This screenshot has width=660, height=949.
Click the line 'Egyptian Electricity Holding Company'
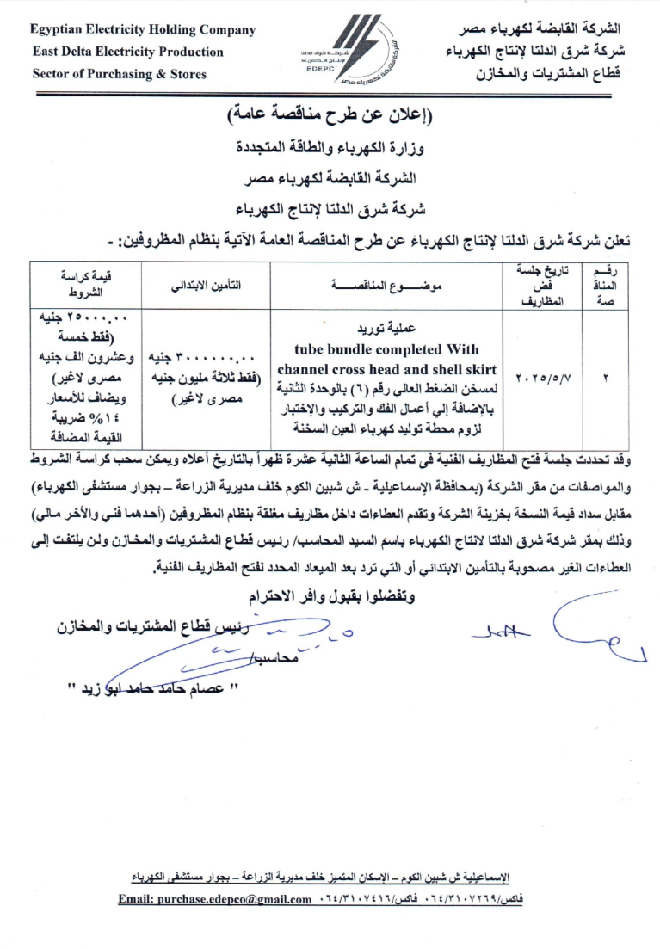(x=143, y=30)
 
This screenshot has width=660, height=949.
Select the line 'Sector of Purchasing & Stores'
(x=120, y=74)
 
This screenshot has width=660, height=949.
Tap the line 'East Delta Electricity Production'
(x=128, y=52)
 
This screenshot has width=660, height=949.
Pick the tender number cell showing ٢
(x=607, y=378)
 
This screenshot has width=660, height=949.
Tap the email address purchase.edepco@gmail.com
(x=215, y=900)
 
